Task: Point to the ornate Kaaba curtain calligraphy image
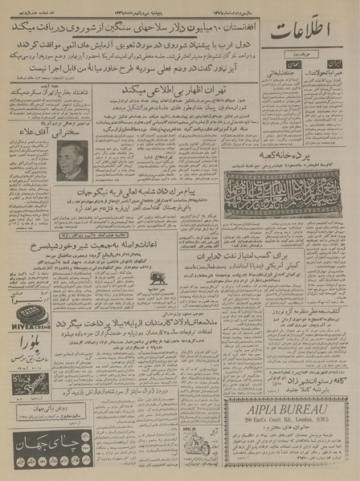point(285,193)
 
